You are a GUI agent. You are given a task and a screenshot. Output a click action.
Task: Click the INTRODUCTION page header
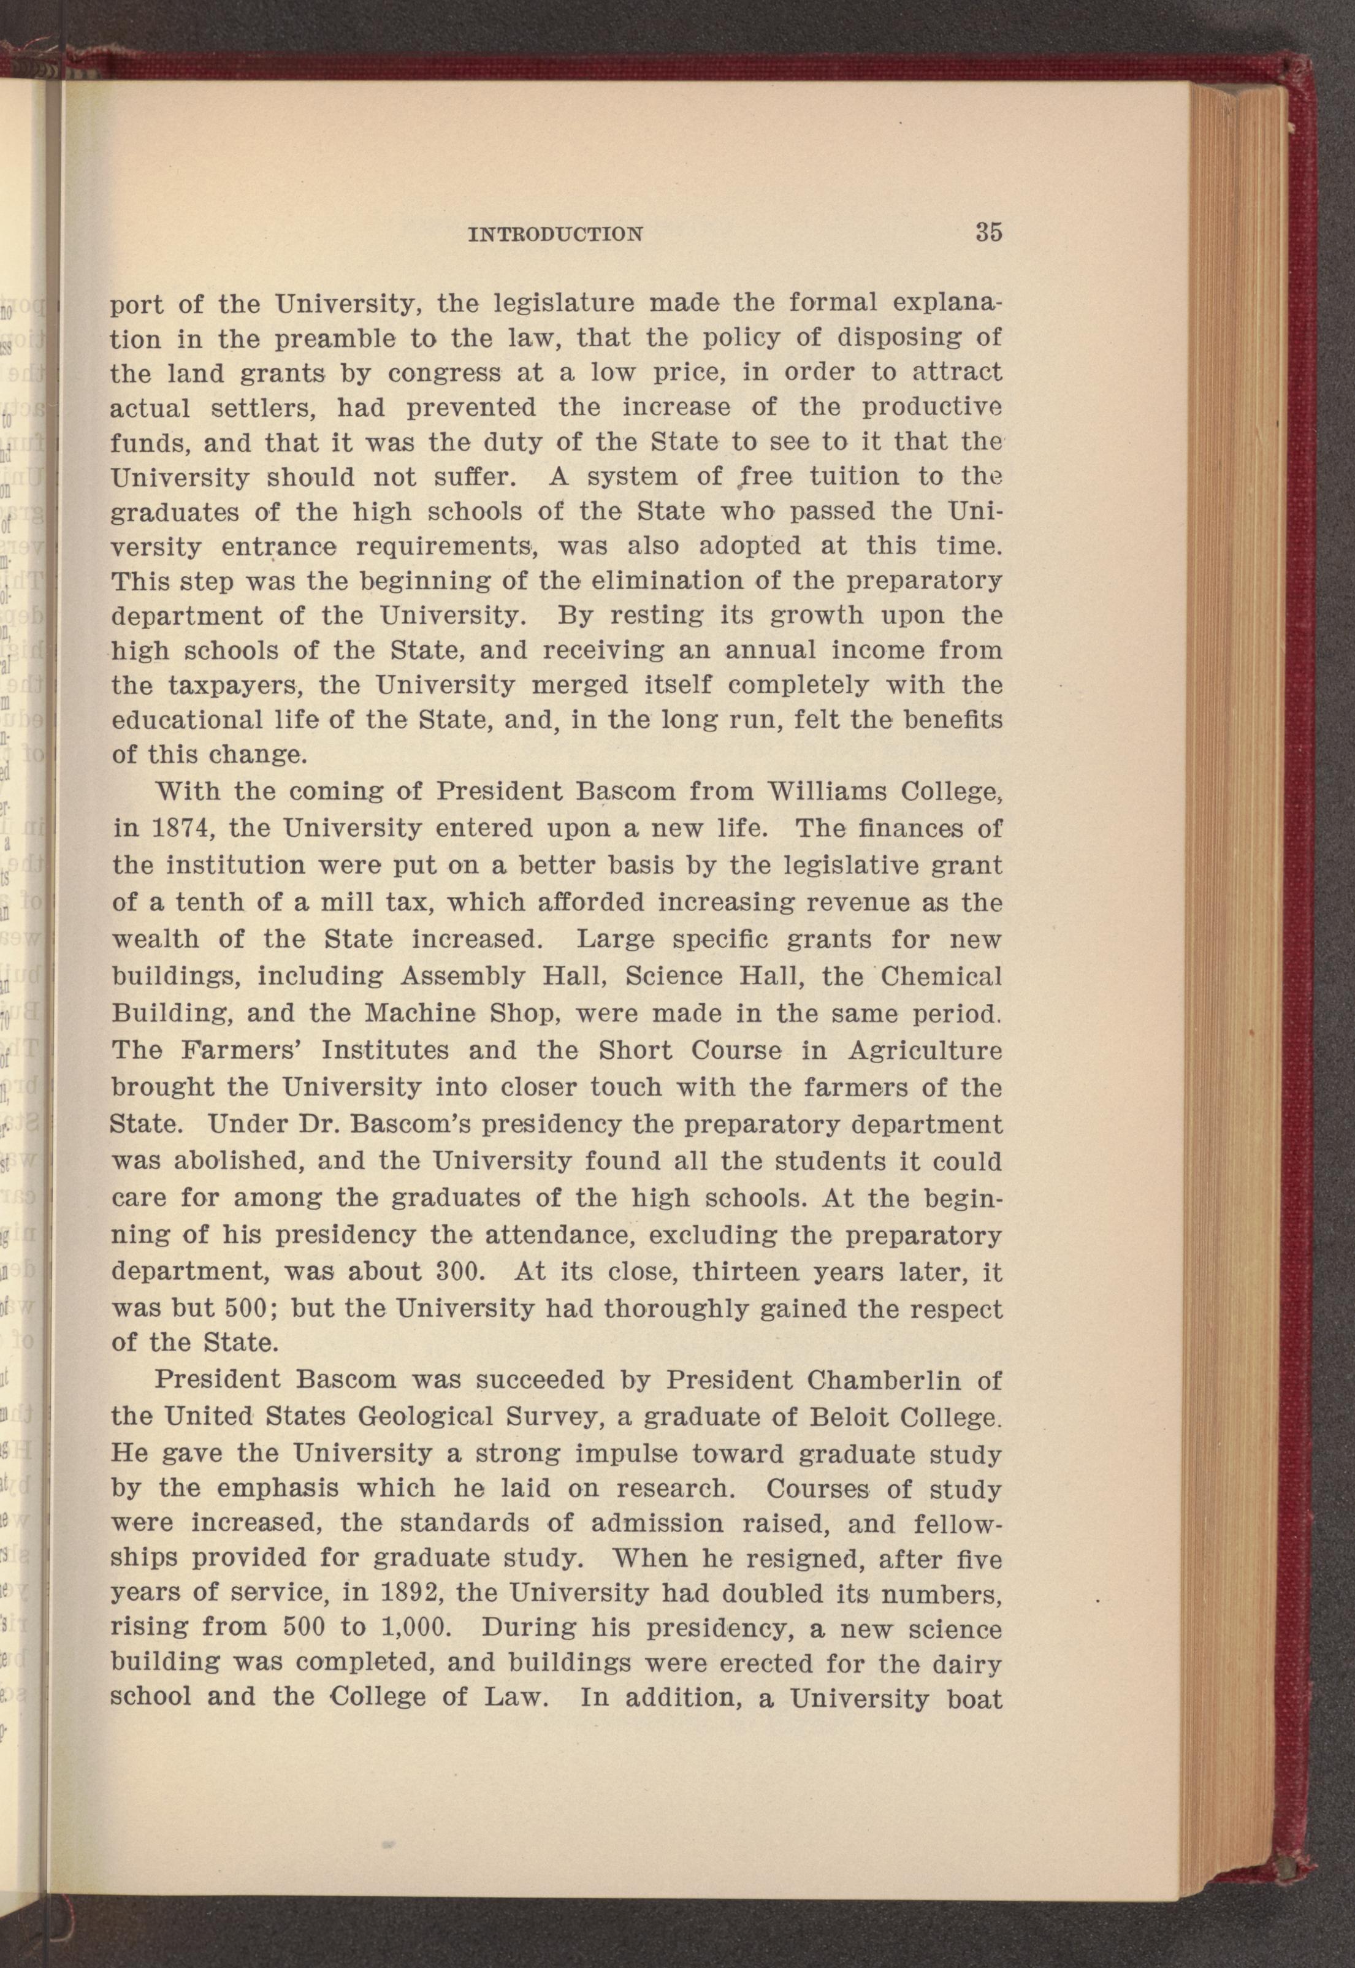pos(555,234)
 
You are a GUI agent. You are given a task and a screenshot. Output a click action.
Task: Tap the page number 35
pos(989,232)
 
